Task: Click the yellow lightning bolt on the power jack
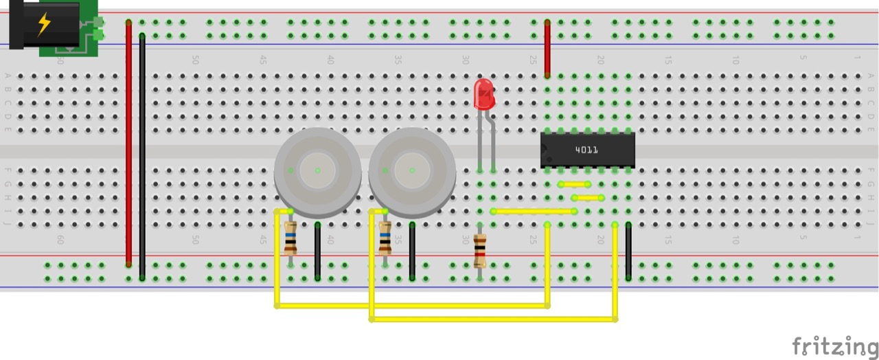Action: click(44, 24)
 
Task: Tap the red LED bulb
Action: click(484, 95)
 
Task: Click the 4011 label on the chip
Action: click(586, 150)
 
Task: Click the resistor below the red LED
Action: click(480, 251)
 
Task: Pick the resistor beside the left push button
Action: click(290, 238)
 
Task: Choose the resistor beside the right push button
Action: click(385, 238)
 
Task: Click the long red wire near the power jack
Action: click(128, 144)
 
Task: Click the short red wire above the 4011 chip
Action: click(547, 48)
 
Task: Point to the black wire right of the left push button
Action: click(317, 251)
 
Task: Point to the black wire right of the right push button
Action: click(412, 251)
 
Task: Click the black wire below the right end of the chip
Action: click(628, 251)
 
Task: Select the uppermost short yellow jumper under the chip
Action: click(575, 184)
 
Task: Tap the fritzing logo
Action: click(834, 346)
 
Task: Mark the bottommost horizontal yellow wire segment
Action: click(493, 319)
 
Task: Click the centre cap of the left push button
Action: click(317, 170)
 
